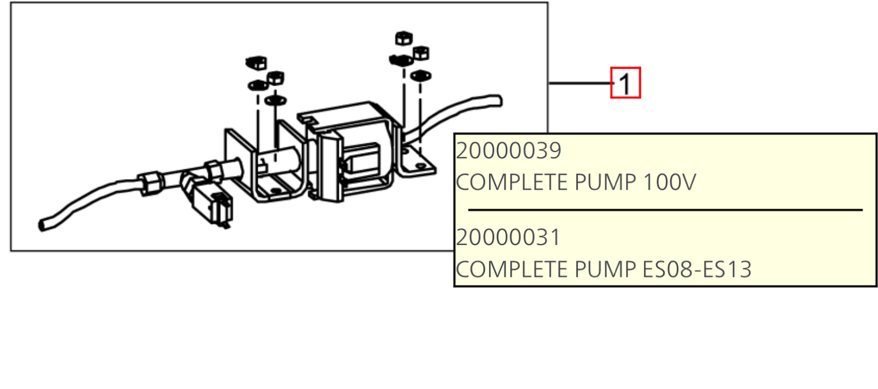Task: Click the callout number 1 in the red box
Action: tap(625, 84)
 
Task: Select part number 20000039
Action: tap(509, 151)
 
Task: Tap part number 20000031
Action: tap(509, 238)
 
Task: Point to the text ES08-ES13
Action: tap(697, 269)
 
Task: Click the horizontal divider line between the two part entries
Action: tap(665, 210)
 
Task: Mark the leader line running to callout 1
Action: tap(581, 83)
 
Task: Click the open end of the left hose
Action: tap(42, 225)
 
